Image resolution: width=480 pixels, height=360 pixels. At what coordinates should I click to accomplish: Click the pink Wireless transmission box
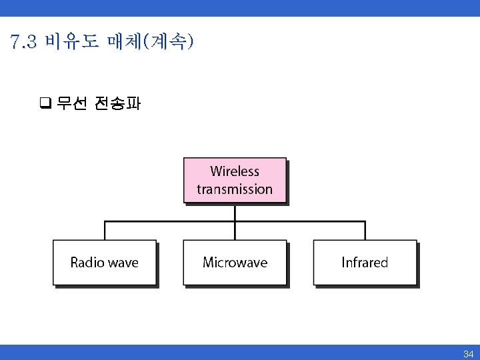(x=235, y=180)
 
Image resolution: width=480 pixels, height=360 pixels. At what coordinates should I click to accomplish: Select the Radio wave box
(x=105, y=263)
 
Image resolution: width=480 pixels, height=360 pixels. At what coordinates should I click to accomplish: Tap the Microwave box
(x=235, y=263)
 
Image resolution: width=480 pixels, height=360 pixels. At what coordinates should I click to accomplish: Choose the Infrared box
(x=365, y=263)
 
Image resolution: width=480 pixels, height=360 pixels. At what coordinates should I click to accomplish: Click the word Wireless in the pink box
(x=235, y=171)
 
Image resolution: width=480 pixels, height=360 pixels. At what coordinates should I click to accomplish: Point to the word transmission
(x=235, y=189)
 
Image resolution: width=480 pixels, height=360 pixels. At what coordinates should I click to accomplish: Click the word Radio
(x=87, y=263)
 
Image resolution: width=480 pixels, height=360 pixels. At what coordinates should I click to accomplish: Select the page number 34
(x=468, y=354)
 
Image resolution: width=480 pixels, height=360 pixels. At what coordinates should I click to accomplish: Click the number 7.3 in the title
(x=25, y=43)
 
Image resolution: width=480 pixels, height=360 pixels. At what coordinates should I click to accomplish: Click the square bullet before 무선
(x=46, y=103)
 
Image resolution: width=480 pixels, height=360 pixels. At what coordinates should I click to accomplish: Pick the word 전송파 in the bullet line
(x=117, y=103)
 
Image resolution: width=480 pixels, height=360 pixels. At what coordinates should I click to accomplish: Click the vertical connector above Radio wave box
(x=105, y=231)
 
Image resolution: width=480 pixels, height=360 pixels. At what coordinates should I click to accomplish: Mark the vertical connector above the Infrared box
(x=365, y=231)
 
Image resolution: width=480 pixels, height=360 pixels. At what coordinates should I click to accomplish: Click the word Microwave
(x=235, y=263)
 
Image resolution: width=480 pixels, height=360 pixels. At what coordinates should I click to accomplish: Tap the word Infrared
(x=365, y=263)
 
